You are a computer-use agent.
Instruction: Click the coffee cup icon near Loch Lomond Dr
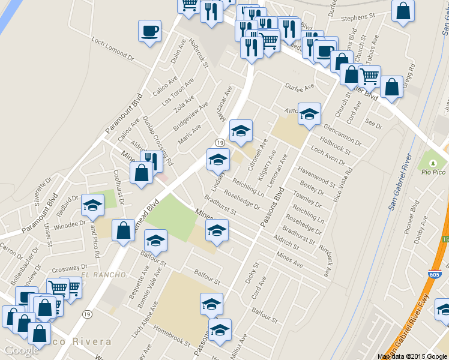(149, 30)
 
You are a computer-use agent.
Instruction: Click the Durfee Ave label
(300, 87)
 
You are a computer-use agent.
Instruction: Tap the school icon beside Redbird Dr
(92, 206)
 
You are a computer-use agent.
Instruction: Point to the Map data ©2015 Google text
(412, 356)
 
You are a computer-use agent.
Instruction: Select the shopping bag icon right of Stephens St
(403, 11)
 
